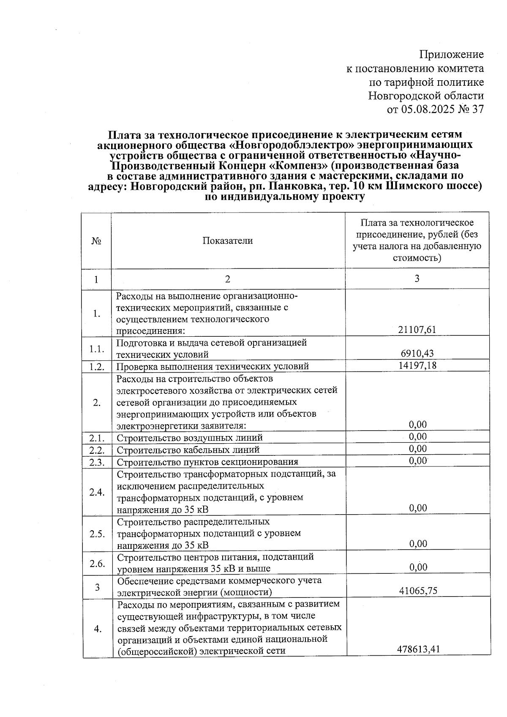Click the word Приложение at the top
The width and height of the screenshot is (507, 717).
point(451,55)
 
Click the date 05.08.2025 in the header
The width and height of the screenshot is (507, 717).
point(428,109)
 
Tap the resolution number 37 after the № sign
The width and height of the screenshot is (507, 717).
point(477,109)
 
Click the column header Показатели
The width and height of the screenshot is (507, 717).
point(227,241)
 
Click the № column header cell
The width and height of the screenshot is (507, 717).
point(96,241)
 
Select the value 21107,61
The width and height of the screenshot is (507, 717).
point(417,330)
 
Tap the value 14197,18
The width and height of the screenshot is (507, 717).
point(417,365)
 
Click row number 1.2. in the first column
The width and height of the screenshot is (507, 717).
point(97,366)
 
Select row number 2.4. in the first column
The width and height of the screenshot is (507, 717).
point(97,492)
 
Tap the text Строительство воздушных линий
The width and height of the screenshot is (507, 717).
point(190,438)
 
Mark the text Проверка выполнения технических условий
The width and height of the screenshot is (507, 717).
point(213,366)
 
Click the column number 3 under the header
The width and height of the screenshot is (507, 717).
point(417,279)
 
